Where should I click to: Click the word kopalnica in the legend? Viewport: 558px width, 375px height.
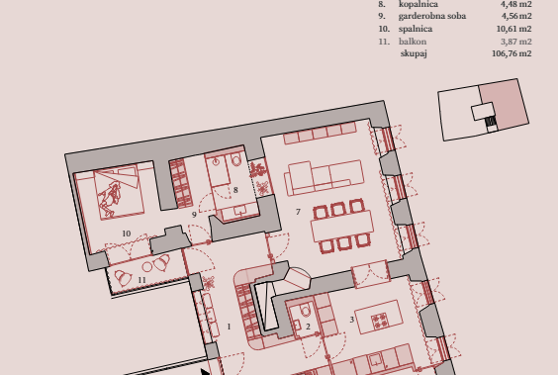[418, 4]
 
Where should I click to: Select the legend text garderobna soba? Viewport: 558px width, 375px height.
[432, 16]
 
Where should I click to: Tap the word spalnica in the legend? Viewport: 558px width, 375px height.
[416, 29]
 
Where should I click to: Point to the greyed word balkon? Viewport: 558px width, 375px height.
[413, 42]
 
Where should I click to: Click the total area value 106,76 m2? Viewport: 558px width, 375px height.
[511, 53]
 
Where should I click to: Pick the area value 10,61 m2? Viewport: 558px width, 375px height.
[513, 29]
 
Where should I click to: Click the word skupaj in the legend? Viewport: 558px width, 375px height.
[414, 53]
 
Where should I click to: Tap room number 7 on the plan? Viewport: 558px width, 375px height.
[298, 212]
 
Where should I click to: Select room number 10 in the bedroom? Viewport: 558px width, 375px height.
[127, 234]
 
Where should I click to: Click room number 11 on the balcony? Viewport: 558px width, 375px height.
[142, 280]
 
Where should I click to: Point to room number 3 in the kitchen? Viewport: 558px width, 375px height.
[351, 320]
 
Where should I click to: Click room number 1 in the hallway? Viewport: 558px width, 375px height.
[229, 327]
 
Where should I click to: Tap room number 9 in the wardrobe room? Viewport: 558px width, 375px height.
[194, 215]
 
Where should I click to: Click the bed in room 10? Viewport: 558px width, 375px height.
[118, 192]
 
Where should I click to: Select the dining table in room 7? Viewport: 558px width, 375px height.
[342, 227]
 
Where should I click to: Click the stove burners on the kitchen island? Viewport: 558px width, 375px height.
[379, 321]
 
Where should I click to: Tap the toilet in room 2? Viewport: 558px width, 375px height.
[306, 310]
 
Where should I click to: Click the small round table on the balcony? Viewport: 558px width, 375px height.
[147, 267]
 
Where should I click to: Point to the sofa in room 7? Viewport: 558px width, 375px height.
[325, 177]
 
